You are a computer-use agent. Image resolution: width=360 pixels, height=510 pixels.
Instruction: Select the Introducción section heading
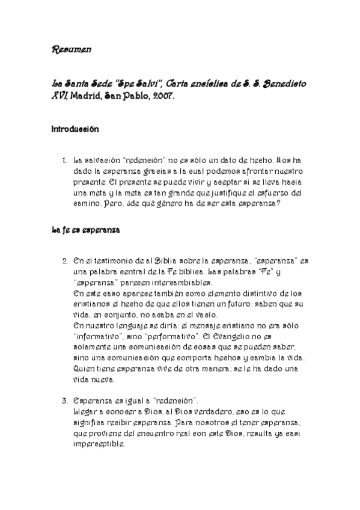coord(75,129)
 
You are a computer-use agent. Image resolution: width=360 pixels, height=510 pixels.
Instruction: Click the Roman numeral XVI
coord(59,97)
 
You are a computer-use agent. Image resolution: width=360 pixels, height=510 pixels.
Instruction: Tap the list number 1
coord(64,161)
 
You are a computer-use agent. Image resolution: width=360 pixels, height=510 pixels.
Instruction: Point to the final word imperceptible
coord(100,444)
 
